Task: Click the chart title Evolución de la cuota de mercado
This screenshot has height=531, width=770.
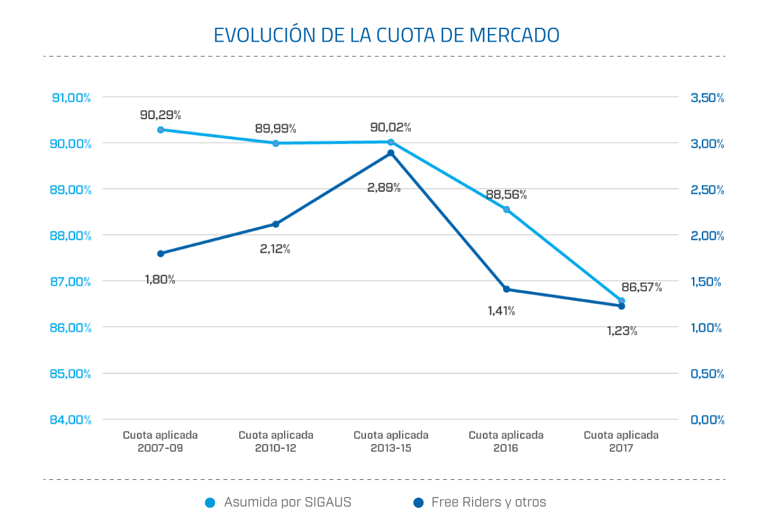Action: (x=386, y=35)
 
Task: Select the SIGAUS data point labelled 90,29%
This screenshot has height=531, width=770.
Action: (x=160, y=130)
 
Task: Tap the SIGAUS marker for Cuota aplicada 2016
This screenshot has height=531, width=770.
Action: (x=506, y=209)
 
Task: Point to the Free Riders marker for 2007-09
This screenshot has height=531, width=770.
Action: (x=160, y=254)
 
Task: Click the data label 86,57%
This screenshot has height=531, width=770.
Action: (x=641, y=288)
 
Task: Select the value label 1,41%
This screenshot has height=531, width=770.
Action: (x=501, y=310)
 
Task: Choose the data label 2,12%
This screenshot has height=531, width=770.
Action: (x=275, y=248)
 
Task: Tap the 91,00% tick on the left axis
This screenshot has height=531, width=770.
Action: (x=69, y=98)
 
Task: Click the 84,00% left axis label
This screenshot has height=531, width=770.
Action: (x=69, y=419)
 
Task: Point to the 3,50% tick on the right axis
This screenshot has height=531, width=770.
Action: (x=707, y=98)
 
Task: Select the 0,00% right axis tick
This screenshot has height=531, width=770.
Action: (x=707, y=419)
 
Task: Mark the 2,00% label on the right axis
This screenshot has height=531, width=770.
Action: (x=707, y=236)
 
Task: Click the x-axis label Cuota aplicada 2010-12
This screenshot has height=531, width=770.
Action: (x=276, y=441)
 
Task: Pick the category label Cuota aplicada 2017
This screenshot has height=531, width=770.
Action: (x=621, y=441)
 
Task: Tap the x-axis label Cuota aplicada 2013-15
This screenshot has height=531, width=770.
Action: (x=391, y=441)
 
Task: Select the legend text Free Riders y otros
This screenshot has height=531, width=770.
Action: (x=489, y=503)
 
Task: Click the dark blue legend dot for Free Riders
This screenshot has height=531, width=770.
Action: (x=418, y=503)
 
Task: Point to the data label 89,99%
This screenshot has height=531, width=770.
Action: (x=275, y=128)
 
